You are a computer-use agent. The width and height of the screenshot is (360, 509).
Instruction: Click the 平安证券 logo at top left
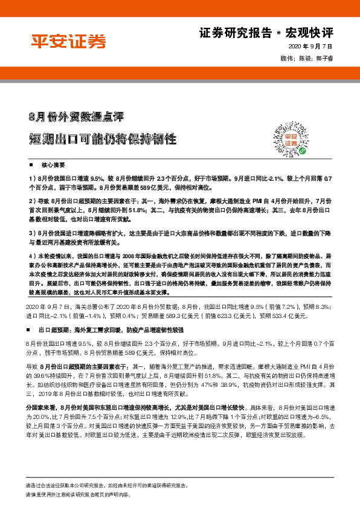pos(68,41)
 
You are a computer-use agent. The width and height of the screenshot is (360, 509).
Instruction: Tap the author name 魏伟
pos(280,58)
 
